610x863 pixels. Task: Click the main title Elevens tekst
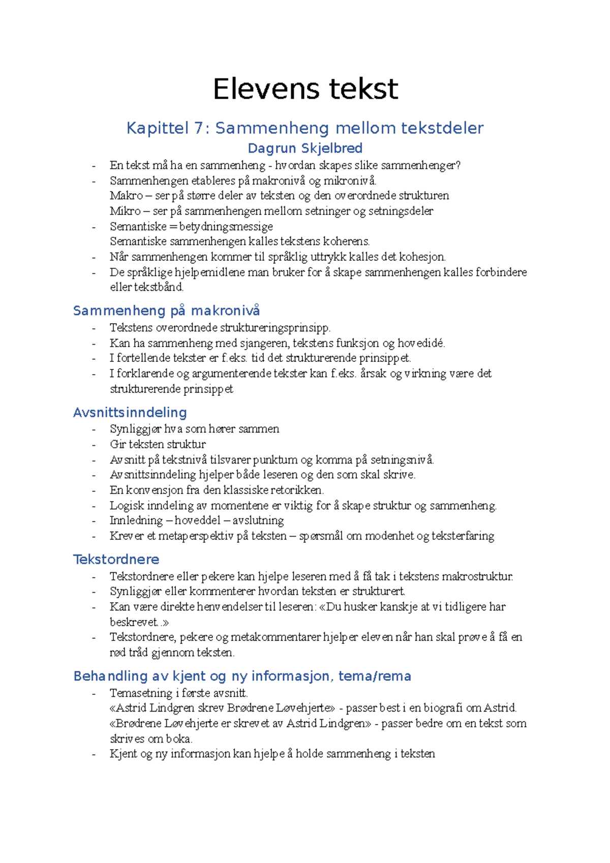click(305, 89)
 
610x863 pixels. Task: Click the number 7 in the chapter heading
click(199, 128)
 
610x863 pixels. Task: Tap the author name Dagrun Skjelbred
click(305, 148)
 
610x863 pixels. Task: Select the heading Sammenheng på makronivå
click(166, 311)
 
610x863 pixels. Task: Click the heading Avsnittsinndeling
click(130, 412)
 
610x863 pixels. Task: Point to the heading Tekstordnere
click(116, 559)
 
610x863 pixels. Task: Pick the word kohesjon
click(422, 257)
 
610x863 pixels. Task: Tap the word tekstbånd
click(158, 287)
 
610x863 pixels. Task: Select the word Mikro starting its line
click(125, 211)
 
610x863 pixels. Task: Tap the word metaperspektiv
click(197, 536)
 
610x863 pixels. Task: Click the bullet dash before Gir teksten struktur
click(94, 445)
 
